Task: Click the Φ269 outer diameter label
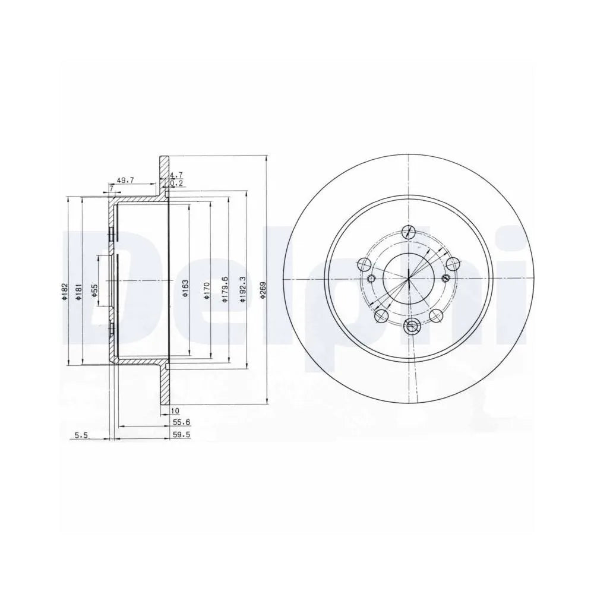(x=262, y=290)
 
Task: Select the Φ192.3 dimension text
(x=242, y=289)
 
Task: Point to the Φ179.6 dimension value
(x=225, y=289)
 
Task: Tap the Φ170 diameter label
(x=207, y=290)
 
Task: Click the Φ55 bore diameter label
(x=94, y=290)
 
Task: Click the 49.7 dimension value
(x=124, y=181)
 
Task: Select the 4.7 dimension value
(x=176, y=175)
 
